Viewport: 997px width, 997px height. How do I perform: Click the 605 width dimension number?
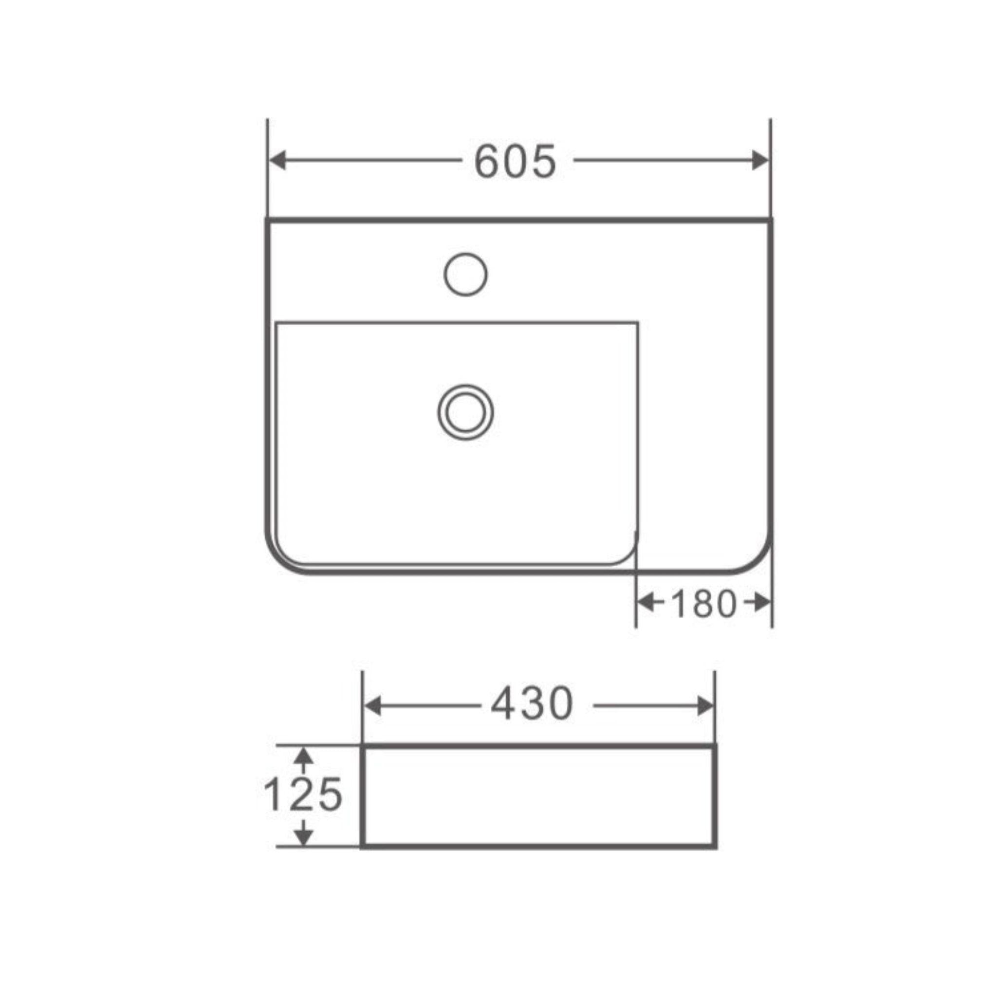[x=516, y=162]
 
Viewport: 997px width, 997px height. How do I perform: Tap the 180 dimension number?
[x=703, y=604]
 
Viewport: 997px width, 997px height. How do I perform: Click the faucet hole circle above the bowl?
[x=465, y=274]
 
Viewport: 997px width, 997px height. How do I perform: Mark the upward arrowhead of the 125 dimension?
[x=304, y=757]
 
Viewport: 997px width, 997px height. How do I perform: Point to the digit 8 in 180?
[x=703, y=604]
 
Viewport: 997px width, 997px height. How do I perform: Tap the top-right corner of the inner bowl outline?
[x=637, y=323]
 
